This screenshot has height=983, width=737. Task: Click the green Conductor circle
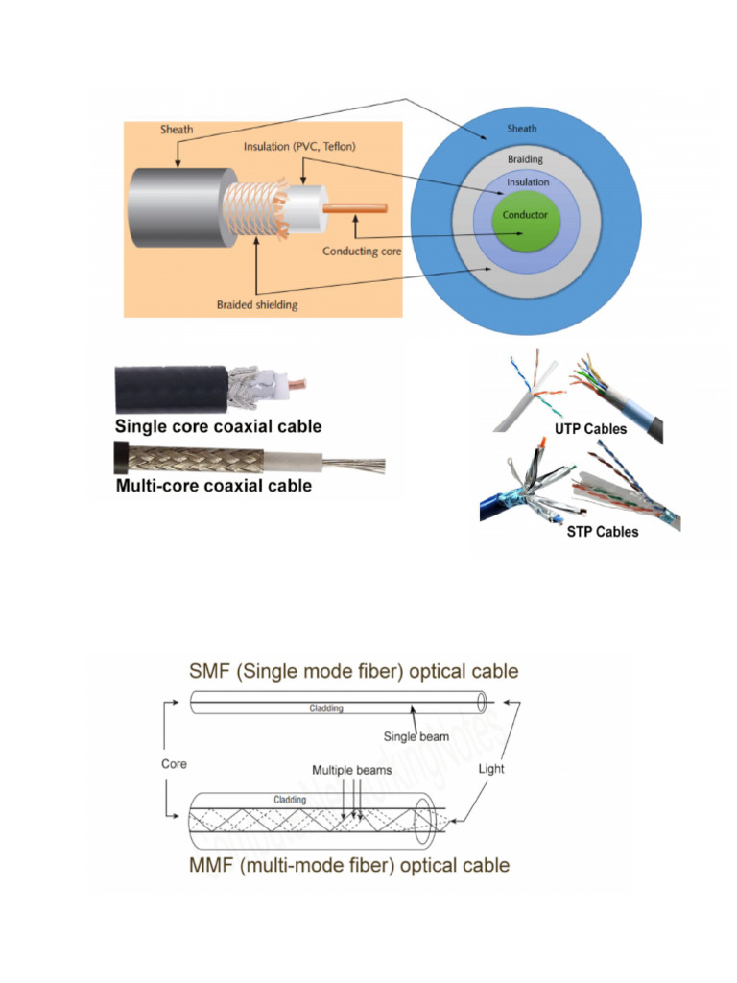[x=525, y=217]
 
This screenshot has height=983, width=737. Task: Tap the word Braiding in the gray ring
[x=525, y=159]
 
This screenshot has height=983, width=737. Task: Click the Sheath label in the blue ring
[x=523, y=129]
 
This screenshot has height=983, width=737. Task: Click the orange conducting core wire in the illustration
[x=357, y=208]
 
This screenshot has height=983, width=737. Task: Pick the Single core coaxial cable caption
[x=218, y=426]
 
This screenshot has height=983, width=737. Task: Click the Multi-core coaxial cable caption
[x=213, y=486]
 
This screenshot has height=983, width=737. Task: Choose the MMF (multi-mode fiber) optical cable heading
[x=349, y=865]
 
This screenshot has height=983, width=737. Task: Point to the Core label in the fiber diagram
[x=175, y=765]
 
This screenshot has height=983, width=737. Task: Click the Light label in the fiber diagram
[x=491, y=769]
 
